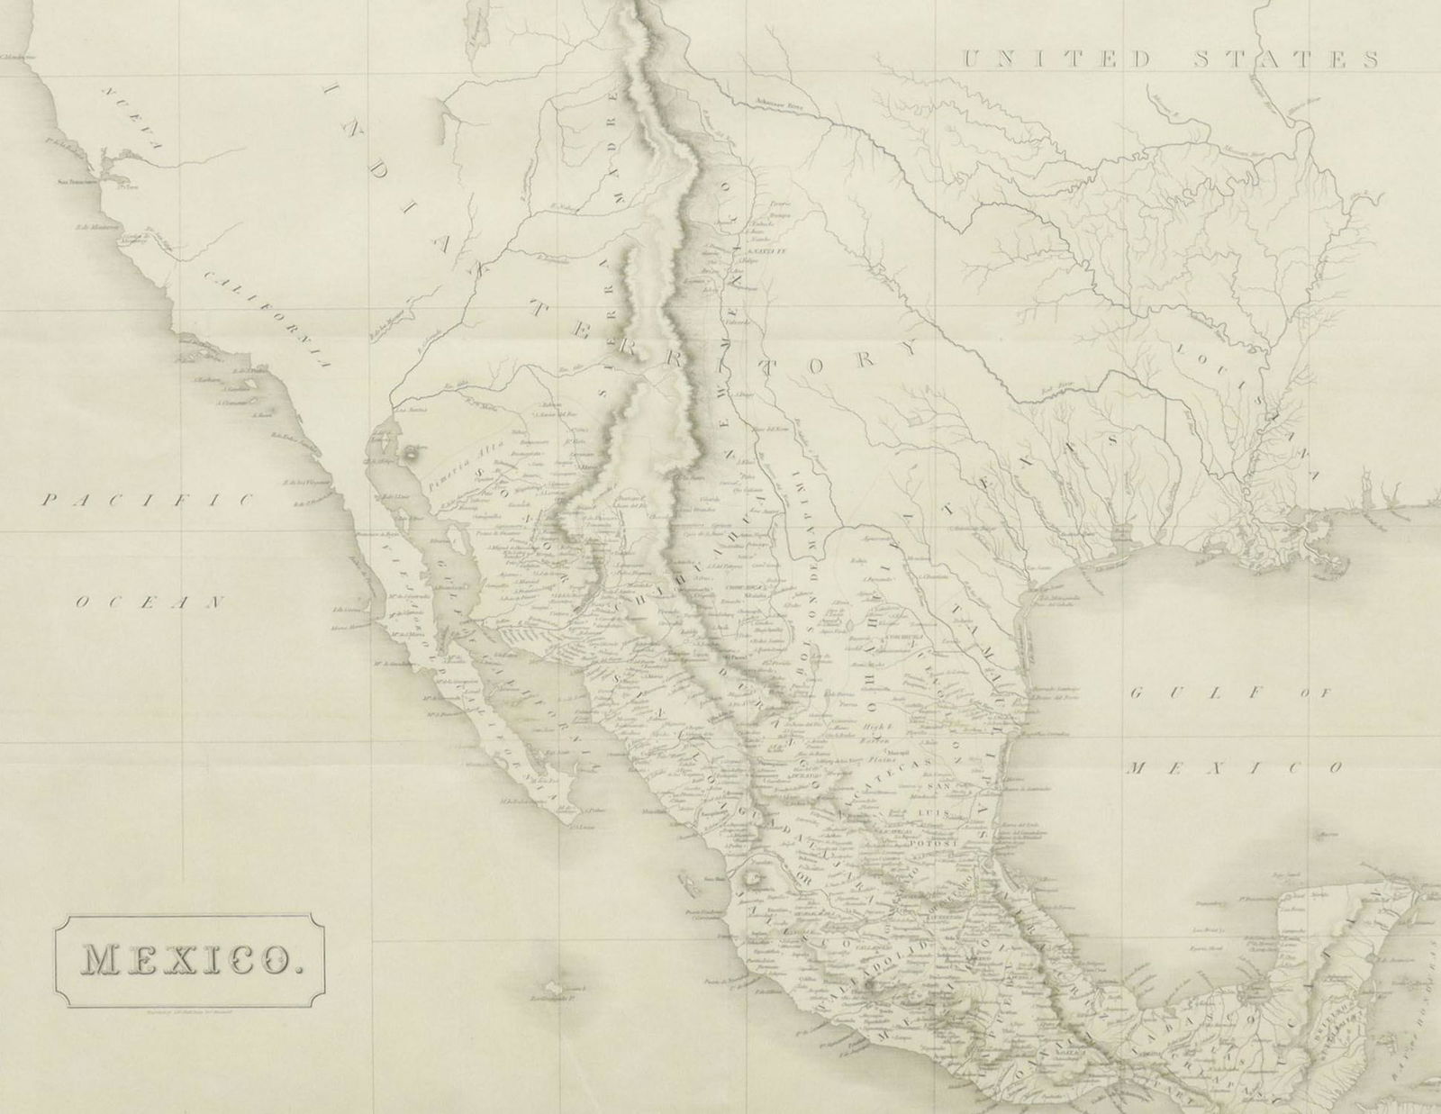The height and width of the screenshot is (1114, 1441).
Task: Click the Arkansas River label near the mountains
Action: [x=785, y=105]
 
